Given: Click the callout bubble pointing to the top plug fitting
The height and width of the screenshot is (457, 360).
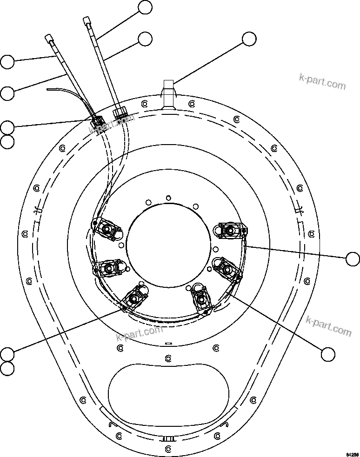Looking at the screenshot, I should tap(249, 39).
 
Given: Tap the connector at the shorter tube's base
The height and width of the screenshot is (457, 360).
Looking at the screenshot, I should tap(97, 122).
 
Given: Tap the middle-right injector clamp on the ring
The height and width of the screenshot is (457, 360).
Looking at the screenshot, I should tap(226, 268).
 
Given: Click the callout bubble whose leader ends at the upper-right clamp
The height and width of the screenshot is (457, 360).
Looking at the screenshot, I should tap(353, 258).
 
